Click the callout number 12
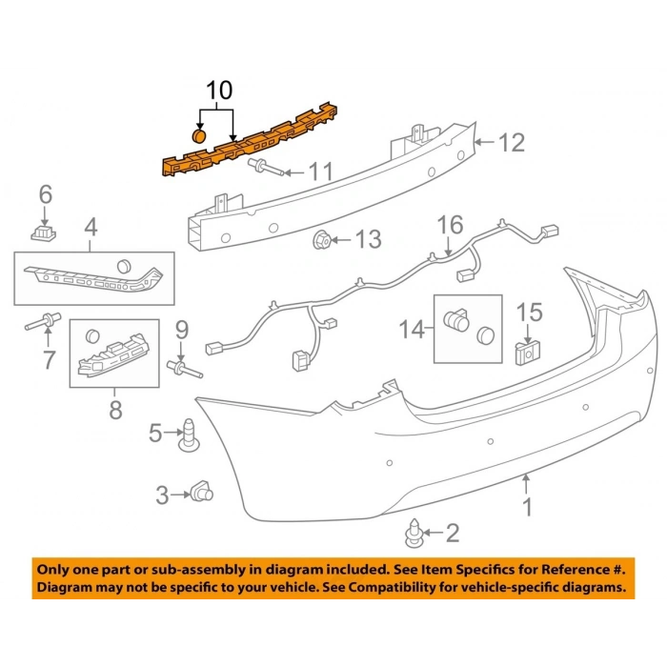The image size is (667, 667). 512,143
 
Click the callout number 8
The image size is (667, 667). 115,410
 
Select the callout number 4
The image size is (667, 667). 91,227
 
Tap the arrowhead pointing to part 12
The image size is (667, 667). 479,144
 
